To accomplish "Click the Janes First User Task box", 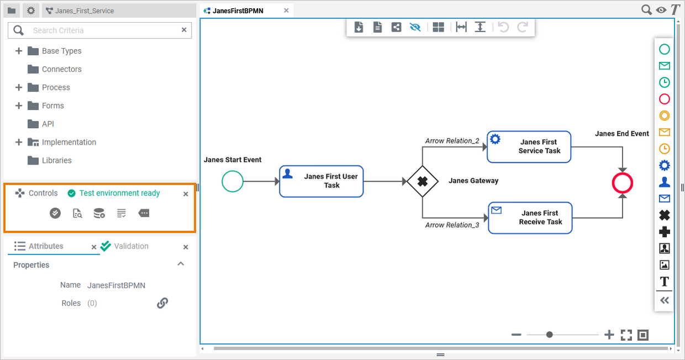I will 321,181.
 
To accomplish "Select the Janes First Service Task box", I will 528,146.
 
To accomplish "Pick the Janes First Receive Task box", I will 530,218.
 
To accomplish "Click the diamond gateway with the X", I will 423,181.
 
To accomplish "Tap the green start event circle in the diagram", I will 233,181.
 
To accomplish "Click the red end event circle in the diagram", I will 622,183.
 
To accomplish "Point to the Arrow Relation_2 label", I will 452,141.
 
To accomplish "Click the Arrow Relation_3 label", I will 452,225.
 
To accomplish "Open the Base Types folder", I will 61,51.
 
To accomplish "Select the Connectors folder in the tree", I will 61,69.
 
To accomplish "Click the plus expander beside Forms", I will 19,105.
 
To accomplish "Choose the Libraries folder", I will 56,160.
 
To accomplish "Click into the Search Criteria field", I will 105,30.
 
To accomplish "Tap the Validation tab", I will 131,246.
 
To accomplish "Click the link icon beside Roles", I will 162,303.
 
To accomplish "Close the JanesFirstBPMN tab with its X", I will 286,10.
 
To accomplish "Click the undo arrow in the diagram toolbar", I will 503,27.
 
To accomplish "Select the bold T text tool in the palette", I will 665,282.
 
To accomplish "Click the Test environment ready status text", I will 119,193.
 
